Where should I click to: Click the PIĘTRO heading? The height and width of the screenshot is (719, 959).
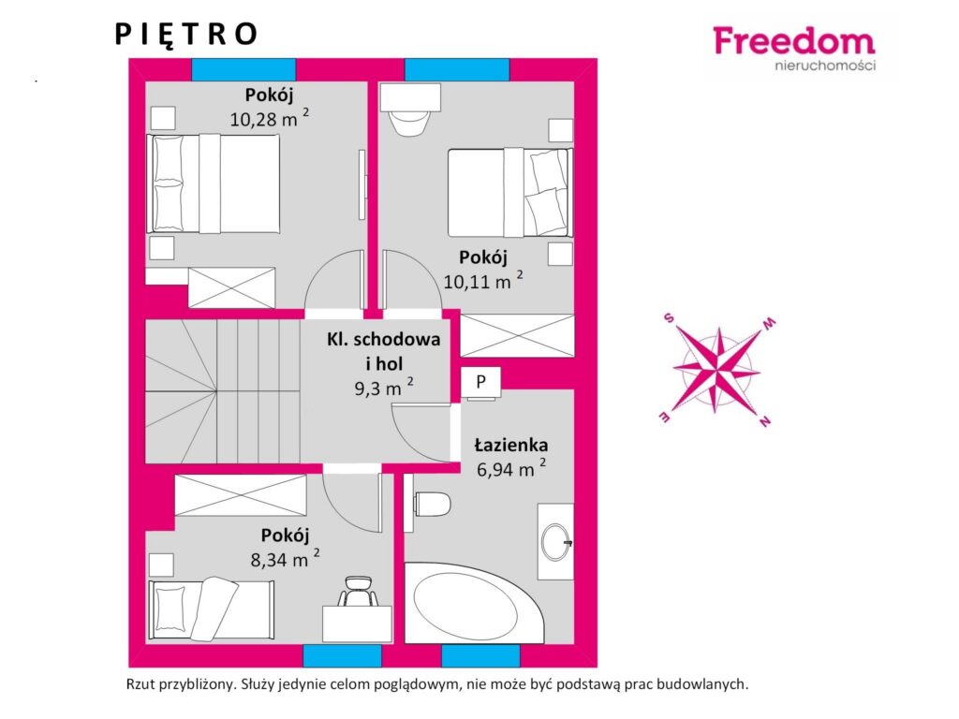pos(186,35)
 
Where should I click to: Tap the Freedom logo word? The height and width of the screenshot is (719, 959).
pos(794,41)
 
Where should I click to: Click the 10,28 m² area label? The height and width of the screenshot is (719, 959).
pos(269,118)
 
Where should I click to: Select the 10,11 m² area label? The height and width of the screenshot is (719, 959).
pos(483,281)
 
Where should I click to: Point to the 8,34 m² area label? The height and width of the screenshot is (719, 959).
pos(285,558)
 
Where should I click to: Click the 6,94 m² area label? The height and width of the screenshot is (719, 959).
pos(511,468)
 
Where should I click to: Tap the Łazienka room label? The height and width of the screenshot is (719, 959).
pos(511,445)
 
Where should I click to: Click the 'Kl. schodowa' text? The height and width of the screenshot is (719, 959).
pos(383,339)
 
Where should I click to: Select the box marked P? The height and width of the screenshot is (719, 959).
pos(480,383)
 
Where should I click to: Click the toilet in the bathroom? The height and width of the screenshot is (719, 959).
pos(433,505)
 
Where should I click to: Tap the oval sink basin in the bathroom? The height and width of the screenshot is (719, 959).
pos(556,542)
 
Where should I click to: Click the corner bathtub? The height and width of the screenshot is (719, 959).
pos(471,602)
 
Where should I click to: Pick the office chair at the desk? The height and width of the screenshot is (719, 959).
pos(358,592)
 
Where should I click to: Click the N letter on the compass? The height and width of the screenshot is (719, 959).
pos(764,420)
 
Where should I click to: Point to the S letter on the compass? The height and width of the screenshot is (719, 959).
pos(669,317)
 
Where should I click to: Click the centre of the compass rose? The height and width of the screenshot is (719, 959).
pos(716,369)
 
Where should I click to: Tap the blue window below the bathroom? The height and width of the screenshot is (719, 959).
pos(480,656)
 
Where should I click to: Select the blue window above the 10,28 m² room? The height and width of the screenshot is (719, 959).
pos(244,69)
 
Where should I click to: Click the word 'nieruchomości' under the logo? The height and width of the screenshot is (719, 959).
pos(825,65)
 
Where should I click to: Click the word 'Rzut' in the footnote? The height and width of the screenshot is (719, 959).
pos(140,684)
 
